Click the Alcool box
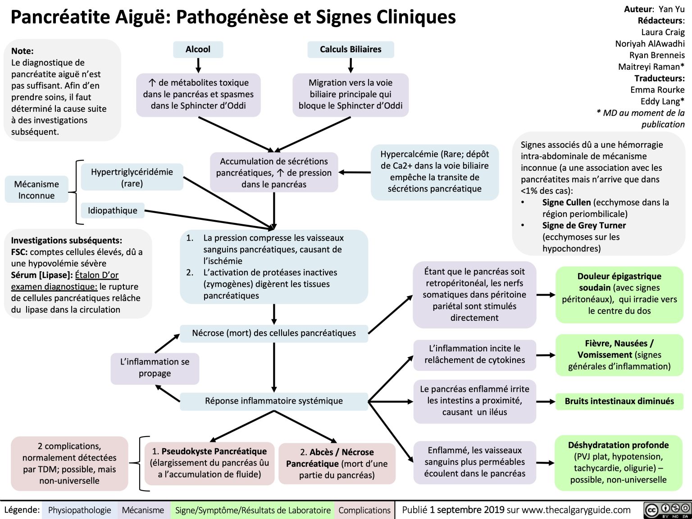pos(198,50)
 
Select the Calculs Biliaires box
pos(351,50)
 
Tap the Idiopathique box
pos(113,210)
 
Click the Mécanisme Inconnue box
pos(36,190)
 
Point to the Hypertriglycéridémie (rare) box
pos(132,177)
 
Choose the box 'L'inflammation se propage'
pos(155,368)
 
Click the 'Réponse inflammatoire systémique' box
pos(274,401)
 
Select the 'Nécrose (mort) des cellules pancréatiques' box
pos(274,333)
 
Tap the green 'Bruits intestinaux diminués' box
pos(619,401)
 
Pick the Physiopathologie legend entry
pos(79,510)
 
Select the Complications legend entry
pos(364,510)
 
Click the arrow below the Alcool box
pos(198,65)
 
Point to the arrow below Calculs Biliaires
pos(351,65)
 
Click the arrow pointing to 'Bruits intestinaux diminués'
pos(546,401)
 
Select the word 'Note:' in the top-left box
pos(23,51)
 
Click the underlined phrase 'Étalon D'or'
pos(97,275)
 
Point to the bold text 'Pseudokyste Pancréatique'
pos(214,451)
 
